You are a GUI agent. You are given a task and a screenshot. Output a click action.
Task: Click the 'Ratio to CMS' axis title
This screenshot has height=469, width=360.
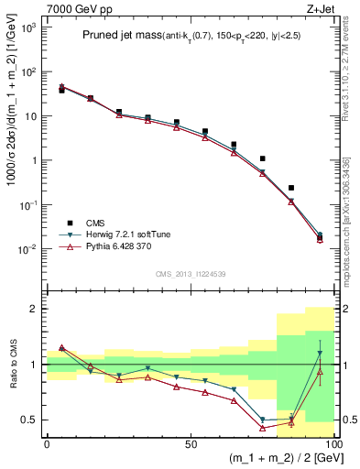(x=13, y=364)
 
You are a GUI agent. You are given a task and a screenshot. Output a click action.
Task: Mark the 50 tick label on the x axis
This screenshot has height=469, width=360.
(x=190, y=442)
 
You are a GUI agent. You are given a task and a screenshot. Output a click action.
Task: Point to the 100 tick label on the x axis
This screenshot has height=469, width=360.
(x=331, y=442)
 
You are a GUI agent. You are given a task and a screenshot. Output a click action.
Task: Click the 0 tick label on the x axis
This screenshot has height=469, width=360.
(x=47, y=442)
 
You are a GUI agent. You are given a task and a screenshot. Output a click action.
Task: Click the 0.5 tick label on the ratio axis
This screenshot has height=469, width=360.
(x=30, y=420)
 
